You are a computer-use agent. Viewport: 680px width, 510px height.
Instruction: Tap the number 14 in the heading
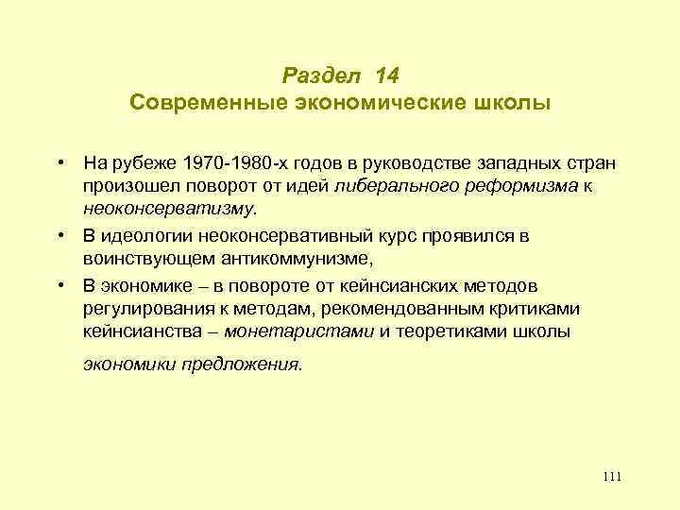pos(387,73)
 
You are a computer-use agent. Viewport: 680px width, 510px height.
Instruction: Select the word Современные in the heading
pos(196,101)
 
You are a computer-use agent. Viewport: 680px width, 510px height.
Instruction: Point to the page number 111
pos(611,476)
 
